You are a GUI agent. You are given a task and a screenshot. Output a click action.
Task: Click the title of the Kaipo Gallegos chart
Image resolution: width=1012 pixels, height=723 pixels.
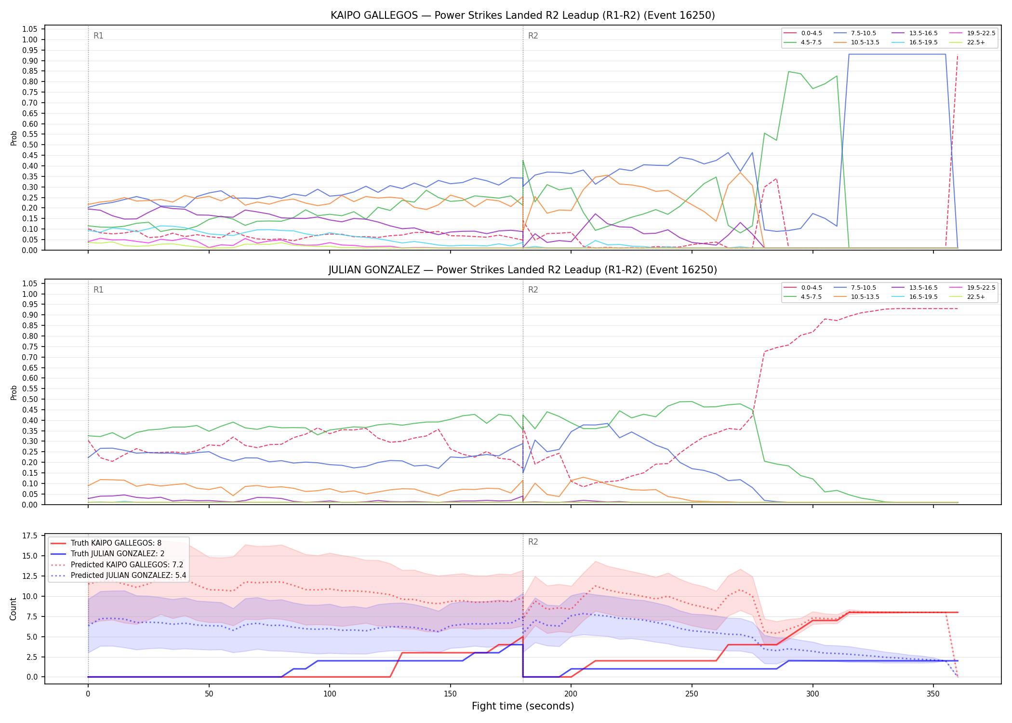[x=522, y=15]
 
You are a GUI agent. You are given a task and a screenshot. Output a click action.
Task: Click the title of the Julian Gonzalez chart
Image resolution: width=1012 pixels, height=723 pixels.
[x=522, y=270]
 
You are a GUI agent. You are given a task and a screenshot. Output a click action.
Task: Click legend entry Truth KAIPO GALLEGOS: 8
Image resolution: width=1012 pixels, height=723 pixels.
[x=106, y=543]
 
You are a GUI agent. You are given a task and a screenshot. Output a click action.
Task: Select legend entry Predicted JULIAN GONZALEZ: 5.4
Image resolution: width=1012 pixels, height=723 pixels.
[x=118, y=575]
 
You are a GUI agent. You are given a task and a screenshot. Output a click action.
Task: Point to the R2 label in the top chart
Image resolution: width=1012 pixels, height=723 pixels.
[x=533, y=36]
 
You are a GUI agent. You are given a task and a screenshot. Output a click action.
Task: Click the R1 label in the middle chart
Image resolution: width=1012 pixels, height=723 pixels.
[x=98, y=290]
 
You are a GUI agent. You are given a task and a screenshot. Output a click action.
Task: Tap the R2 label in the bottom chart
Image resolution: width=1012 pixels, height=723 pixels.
[x=533, y=542]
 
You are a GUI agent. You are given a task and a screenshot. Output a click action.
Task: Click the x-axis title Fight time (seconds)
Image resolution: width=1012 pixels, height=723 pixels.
[x=523, y=706]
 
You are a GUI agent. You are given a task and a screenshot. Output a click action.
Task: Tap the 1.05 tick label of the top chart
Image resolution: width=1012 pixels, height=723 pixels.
[x=30, y=29]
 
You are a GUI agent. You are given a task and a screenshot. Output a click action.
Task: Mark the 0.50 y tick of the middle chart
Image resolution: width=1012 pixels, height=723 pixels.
[x=30, y=399]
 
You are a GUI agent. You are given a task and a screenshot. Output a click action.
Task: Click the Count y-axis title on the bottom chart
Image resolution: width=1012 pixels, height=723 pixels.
[x=13, y=609]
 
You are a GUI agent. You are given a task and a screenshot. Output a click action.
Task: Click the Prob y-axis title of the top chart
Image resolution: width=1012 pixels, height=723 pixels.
[x=13, y=138]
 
